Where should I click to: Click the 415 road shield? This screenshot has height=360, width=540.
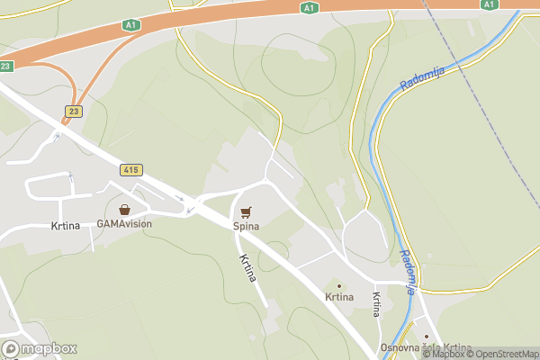(130, 169)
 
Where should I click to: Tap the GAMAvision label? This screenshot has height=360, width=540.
(124, 224)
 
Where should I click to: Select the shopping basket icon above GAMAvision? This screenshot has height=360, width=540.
(124, 209)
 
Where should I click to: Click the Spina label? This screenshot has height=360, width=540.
(246, 226)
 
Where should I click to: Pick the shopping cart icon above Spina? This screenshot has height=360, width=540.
(246, 211)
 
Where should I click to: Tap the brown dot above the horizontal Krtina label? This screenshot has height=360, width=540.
(339, 285)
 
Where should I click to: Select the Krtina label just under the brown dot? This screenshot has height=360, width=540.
(339, 297)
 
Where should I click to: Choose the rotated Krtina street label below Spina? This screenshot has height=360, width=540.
(248, 268)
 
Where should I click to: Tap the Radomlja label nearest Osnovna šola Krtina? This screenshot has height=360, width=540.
(407, 273)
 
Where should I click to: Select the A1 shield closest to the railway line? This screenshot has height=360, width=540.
(489, 4)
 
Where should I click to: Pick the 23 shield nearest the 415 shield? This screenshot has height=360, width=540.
(71, 110)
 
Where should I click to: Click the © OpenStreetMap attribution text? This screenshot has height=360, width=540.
(501, 355)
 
